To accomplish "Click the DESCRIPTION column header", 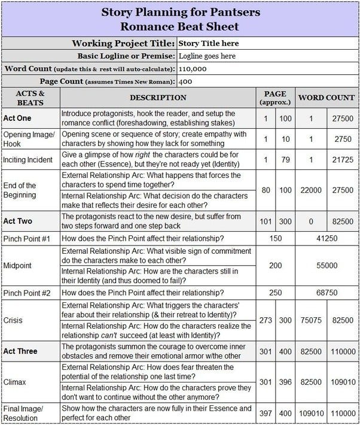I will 158,98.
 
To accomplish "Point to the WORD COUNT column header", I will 326,98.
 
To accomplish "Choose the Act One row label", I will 17,118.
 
